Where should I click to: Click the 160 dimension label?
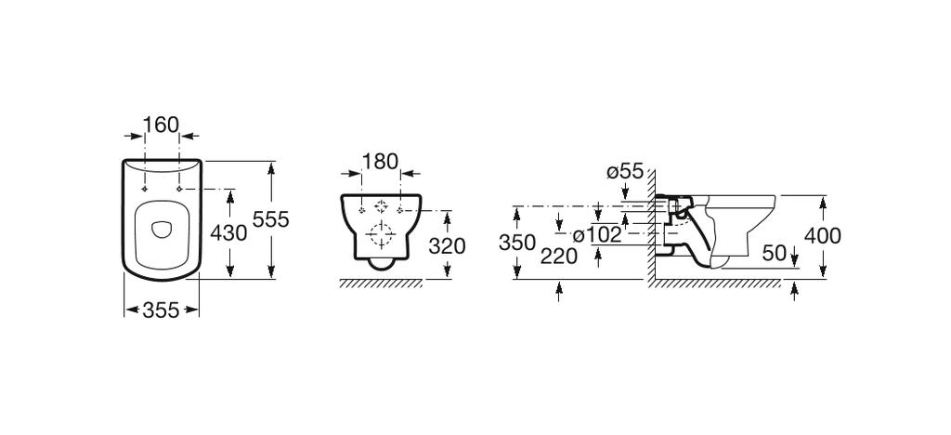coord(162,125)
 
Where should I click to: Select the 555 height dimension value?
coord(272,219)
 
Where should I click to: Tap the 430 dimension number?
coord(229,232)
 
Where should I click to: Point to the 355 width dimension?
coord(162,310)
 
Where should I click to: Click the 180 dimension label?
coord(381,161)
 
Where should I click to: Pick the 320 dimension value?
coord(447,245)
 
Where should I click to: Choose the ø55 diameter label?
coord(625,171)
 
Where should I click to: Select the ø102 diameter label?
coord(596,234)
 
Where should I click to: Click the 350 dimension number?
coord(516,242)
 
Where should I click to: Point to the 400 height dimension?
coord(822,235)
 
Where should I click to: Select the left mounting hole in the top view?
coord(146,188)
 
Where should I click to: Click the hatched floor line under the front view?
coord(381,283)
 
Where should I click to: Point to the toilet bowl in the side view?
coord(738,228)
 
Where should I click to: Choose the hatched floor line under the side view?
coord(715,283)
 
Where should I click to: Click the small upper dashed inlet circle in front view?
coord(379,207)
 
